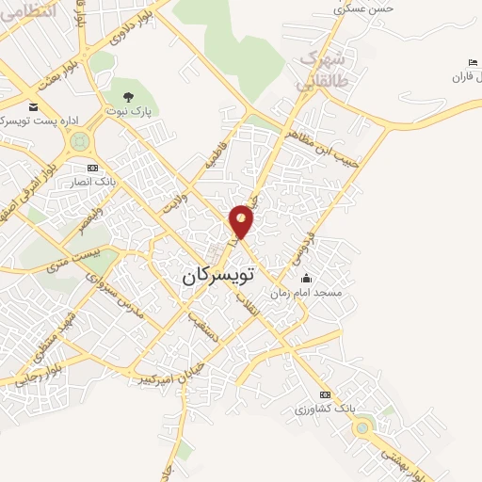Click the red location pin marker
click(242, 220)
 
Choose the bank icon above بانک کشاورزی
click(325, 394)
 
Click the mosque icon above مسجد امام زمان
click(305, 279)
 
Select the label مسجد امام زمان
click(309, 294)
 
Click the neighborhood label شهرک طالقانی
click(322, 71)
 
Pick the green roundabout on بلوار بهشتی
click(361, 427)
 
